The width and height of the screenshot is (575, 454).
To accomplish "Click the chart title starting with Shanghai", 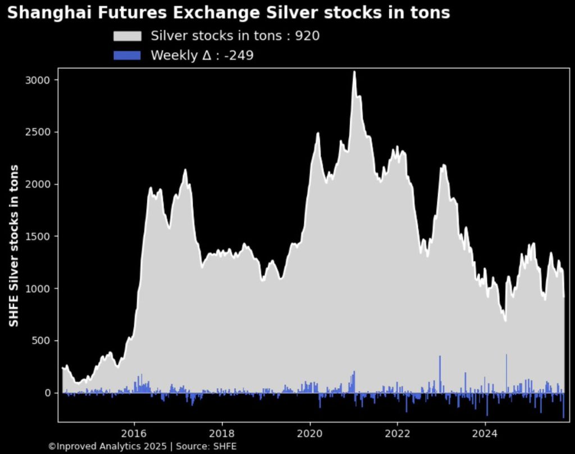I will coord(229,13).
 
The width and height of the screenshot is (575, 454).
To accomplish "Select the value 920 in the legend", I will coord(308,36).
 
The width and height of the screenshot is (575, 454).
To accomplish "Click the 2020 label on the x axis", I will coord(309,433).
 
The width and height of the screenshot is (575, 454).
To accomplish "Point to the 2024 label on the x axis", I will coord(485,433).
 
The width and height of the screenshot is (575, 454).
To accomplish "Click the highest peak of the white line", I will coord(354,72).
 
